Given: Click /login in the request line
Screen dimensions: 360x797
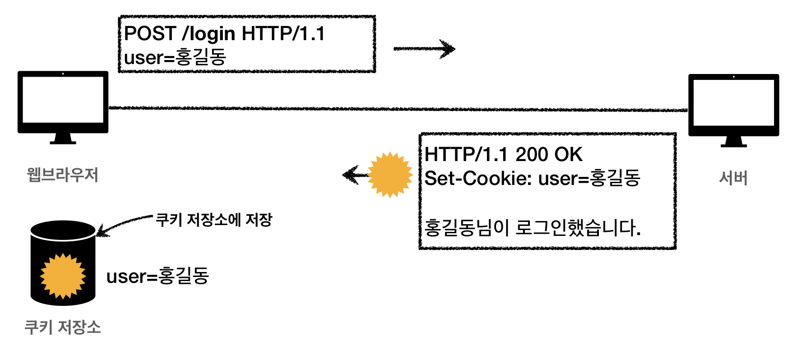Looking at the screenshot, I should tap(208, 34).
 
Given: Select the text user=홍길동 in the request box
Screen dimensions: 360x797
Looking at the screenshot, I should tap(175, 57).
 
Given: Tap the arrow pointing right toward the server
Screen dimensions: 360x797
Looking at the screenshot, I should tap(424, 49).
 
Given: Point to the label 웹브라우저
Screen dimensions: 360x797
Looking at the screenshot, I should tap(62, 175).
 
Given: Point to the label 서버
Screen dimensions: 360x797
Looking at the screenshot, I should tap(733, 178).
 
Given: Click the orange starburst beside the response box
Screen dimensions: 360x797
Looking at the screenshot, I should tap(390, 175).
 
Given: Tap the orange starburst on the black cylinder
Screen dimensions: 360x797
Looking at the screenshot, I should tap(63, 276).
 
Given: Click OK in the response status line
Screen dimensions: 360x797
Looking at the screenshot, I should tap(569, 155).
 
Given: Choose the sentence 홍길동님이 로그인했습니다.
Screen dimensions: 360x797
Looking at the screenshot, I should tap(533, 227).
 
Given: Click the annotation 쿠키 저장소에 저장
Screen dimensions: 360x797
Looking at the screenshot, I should tap(214, 220).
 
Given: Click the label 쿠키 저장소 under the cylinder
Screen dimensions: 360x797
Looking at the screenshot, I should tap(62, 327).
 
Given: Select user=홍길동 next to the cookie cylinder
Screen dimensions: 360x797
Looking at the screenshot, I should tap(158, 276).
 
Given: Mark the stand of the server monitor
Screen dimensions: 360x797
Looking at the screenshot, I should tap(733, 142).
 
